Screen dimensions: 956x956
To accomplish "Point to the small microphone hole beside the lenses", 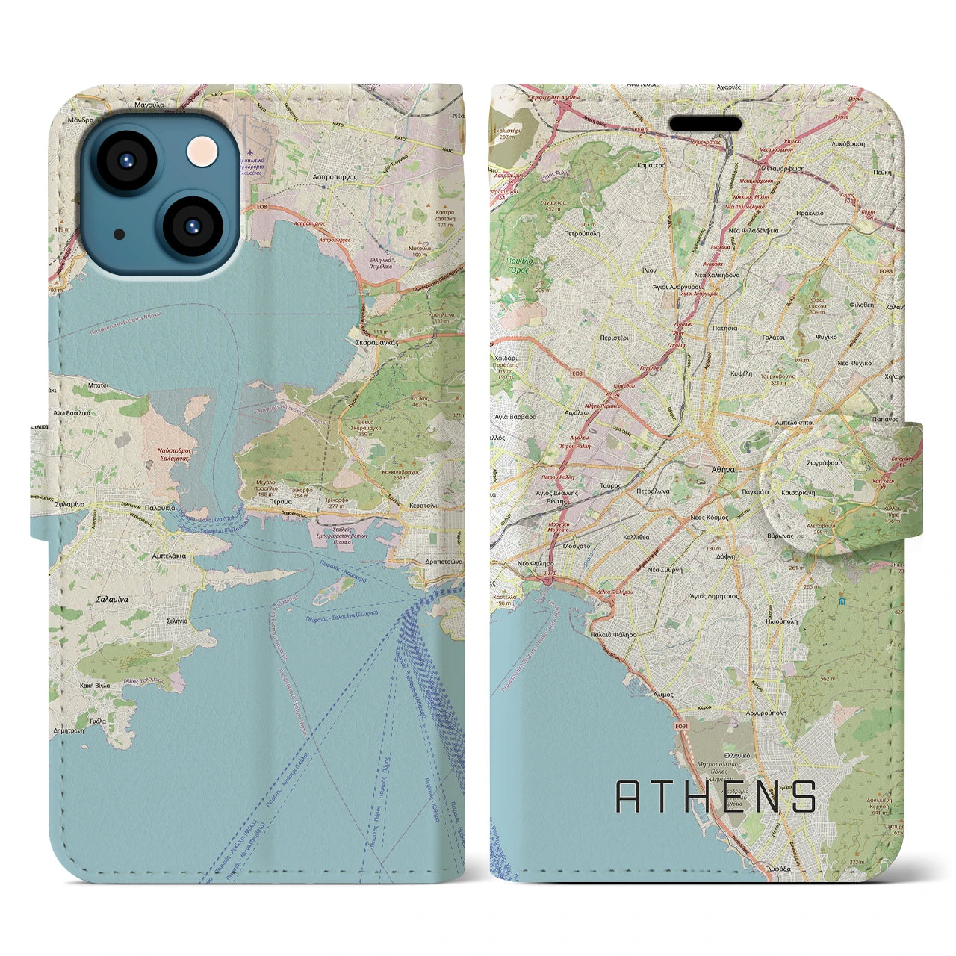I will coord(119,234).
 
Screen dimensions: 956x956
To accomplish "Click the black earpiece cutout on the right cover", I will coord(704,123).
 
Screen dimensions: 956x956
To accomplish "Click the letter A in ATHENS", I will coord(629,797).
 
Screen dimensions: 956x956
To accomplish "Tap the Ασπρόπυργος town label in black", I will coord(333,179).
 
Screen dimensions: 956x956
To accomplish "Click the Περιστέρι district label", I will coord(614,338).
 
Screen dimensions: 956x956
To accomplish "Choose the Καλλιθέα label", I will coord(636,537).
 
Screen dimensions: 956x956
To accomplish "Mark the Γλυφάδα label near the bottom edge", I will coord(778,869).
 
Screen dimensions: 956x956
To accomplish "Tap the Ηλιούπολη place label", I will coord(781,621).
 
